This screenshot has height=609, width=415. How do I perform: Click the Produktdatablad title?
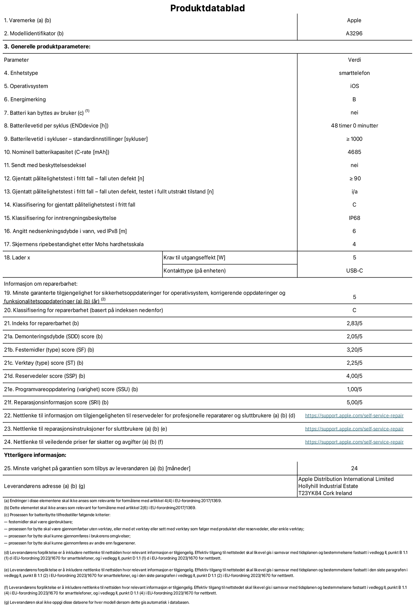tap(207, 8)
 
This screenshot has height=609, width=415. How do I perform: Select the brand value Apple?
tap(354, 20)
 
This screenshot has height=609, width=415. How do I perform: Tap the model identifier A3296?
tap(354, 33)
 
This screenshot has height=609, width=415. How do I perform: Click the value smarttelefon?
tap(354, 73)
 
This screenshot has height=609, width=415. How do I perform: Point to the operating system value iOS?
tap(354, 86)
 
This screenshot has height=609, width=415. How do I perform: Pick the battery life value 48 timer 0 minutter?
tap(354, 125)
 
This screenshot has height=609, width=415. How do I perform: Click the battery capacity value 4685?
tap(354, 152)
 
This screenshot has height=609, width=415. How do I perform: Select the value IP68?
tap(354, 218)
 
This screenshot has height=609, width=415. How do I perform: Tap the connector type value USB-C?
tap(354, 271)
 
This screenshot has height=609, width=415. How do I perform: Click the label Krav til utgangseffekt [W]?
tap(194, 258)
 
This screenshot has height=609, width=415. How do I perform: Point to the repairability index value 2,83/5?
tap(354, 323)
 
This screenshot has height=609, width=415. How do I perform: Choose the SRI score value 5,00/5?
tap(354, 402)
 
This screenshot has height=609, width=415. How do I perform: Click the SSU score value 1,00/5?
tap(354, 389)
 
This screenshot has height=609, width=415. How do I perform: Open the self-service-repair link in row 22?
tap(354, 416)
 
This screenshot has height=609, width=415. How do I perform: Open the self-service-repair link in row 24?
tap(354, 442)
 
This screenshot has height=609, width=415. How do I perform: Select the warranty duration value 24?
tap(354, 468)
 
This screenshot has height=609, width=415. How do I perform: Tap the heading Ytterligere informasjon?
tap(35, 455)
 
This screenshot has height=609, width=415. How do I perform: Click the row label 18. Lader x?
tap(17, 258)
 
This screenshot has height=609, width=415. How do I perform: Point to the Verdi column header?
tap(354, 60)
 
